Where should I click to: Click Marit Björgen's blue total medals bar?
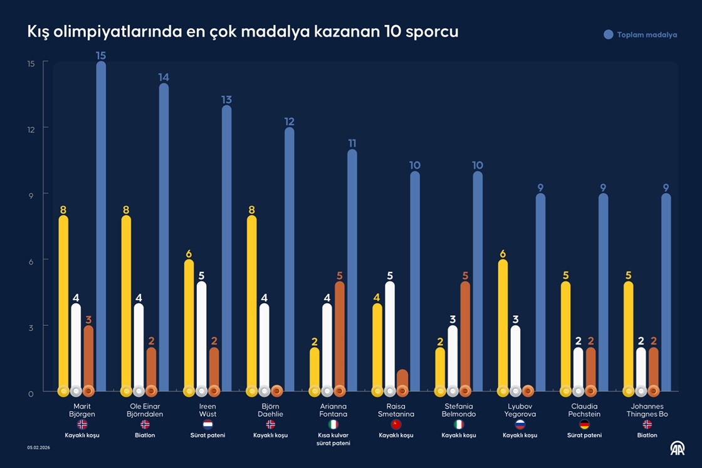coord(101,226)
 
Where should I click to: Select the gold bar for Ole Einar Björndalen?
coord(127,301)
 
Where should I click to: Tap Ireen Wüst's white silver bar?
coord(201,335)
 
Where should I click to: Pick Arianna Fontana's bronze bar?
coord(339,335)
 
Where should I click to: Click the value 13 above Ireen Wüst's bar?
coord(226,100)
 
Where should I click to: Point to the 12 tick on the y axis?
coord(30,128)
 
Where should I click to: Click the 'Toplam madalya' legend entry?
coord(640,35)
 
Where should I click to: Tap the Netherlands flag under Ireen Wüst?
coord(208,424)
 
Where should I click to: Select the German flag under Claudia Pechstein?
coord(584,424)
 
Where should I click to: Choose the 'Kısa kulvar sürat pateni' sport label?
coord(333,439)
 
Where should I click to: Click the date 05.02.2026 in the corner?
coord(39,447)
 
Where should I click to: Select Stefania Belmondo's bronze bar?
coord(464,335)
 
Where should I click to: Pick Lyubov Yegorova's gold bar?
coord(503,323)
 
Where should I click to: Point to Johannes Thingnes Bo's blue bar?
coord(666,291)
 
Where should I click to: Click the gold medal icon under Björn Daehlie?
coord(252,391)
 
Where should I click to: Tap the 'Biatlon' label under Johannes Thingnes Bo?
coord(647,435)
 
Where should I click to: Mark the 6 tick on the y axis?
coord(30,260)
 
